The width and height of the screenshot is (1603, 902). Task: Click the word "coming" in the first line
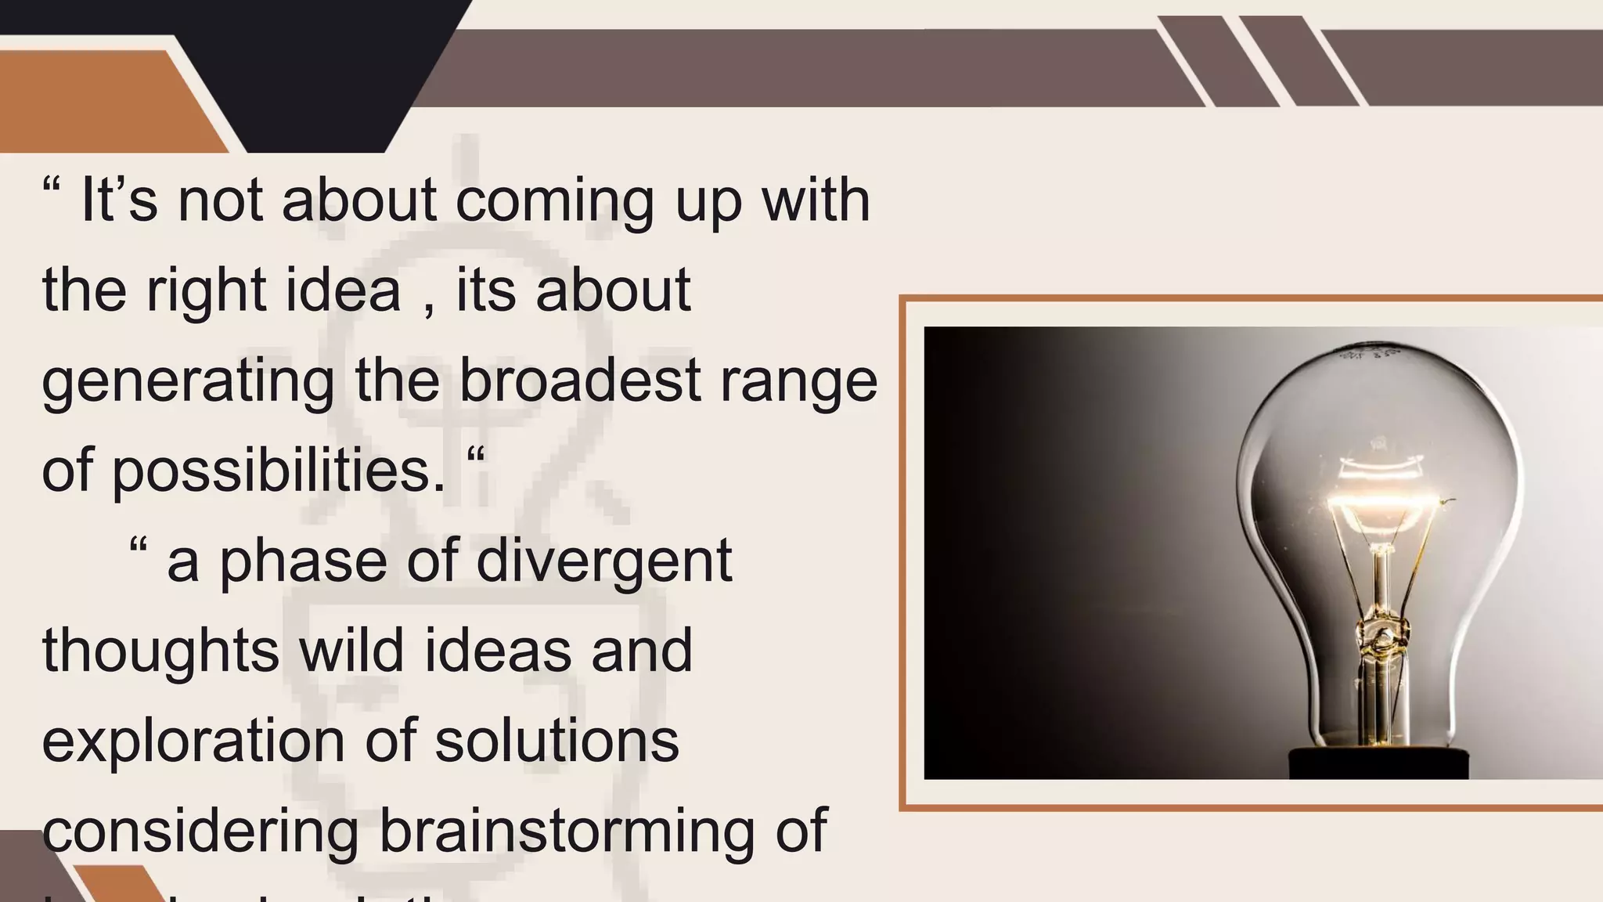tap(554, 202)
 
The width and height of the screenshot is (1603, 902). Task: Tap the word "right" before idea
tap(206, 291)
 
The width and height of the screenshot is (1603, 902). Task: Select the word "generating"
tap(188, 382)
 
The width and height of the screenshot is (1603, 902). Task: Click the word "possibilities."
tap(279, 472)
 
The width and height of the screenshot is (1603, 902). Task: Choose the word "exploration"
tap(193, 742)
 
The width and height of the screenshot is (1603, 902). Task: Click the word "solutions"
tap(557, 741)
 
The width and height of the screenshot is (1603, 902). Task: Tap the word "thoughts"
tap(160, 652)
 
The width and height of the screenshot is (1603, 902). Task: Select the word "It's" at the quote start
tap(119, 200)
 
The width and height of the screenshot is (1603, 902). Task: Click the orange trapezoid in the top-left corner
tap(102, 102)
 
